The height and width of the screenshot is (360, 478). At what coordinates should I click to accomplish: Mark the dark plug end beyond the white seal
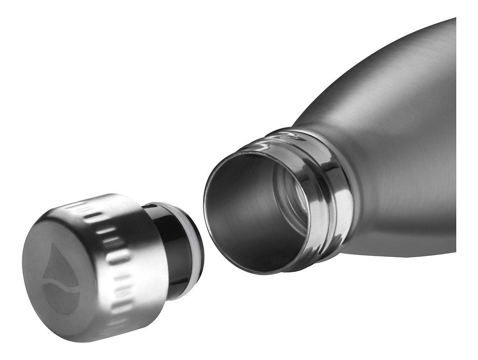pos(195,229)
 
